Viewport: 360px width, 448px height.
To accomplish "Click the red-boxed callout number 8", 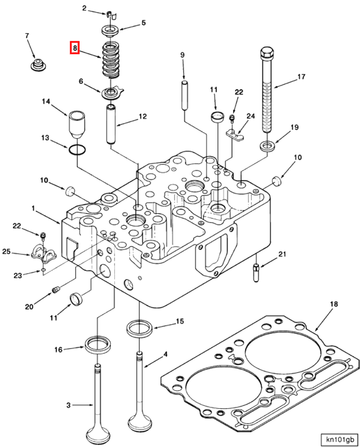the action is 75,48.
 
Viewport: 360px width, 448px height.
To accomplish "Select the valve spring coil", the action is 111,60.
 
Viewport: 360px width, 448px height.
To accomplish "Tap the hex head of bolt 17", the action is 267,53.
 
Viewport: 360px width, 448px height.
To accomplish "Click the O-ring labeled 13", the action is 77,150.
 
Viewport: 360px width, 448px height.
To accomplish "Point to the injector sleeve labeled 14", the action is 77,125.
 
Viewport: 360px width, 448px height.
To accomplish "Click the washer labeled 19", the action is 268,146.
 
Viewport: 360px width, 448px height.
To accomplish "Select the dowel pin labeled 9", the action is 185,96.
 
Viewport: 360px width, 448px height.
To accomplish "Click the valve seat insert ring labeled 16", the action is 98,345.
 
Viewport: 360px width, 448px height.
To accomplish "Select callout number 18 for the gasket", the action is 334,304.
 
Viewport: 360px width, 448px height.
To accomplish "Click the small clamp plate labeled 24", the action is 235,135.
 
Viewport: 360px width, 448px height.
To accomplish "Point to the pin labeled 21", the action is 256,273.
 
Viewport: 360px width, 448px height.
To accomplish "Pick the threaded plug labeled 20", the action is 55,290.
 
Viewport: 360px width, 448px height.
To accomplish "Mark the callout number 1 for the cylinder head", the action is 34,208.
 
